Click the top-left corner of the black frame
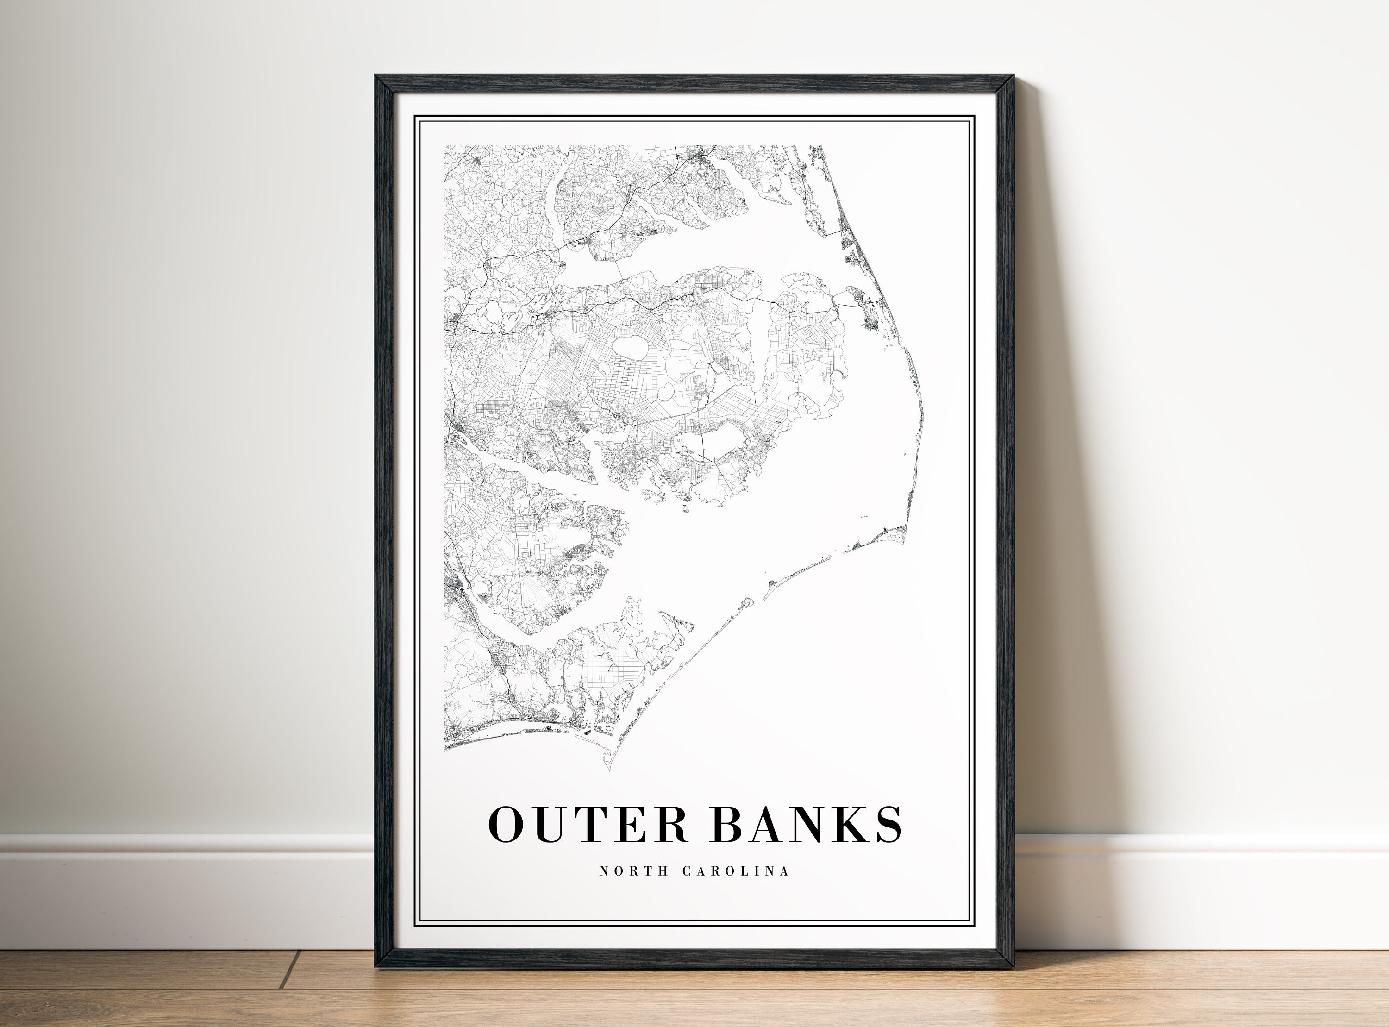coord(375,76)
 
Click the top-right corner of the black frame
coord(1013,76)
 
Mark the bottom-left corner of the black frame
coord(375,967)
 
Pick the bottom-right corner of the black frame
coord(1014,967)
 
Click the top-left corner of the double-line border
coord(415,116)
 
